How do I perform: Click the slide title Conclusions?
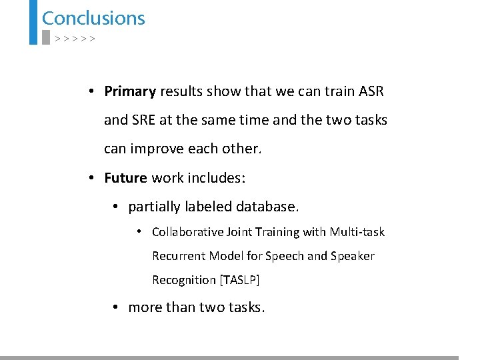(93, 18)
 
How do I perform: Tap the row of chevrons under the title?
(75, 39)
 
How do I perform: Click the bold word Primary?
(130, 91)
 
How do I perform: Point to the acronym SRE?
(144, 120)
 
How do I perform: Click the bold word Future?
(125, 178)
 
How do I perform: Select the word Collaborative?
(187, 232)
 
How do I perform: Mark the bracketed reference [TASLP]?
(239, 280)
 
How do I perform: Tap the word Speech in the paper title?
(283, 256)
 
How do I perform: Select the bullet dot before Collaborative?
(138, 231)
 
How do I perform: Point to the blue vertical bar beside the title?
(33, 21)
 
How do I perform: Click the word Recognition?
(183, 280)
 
